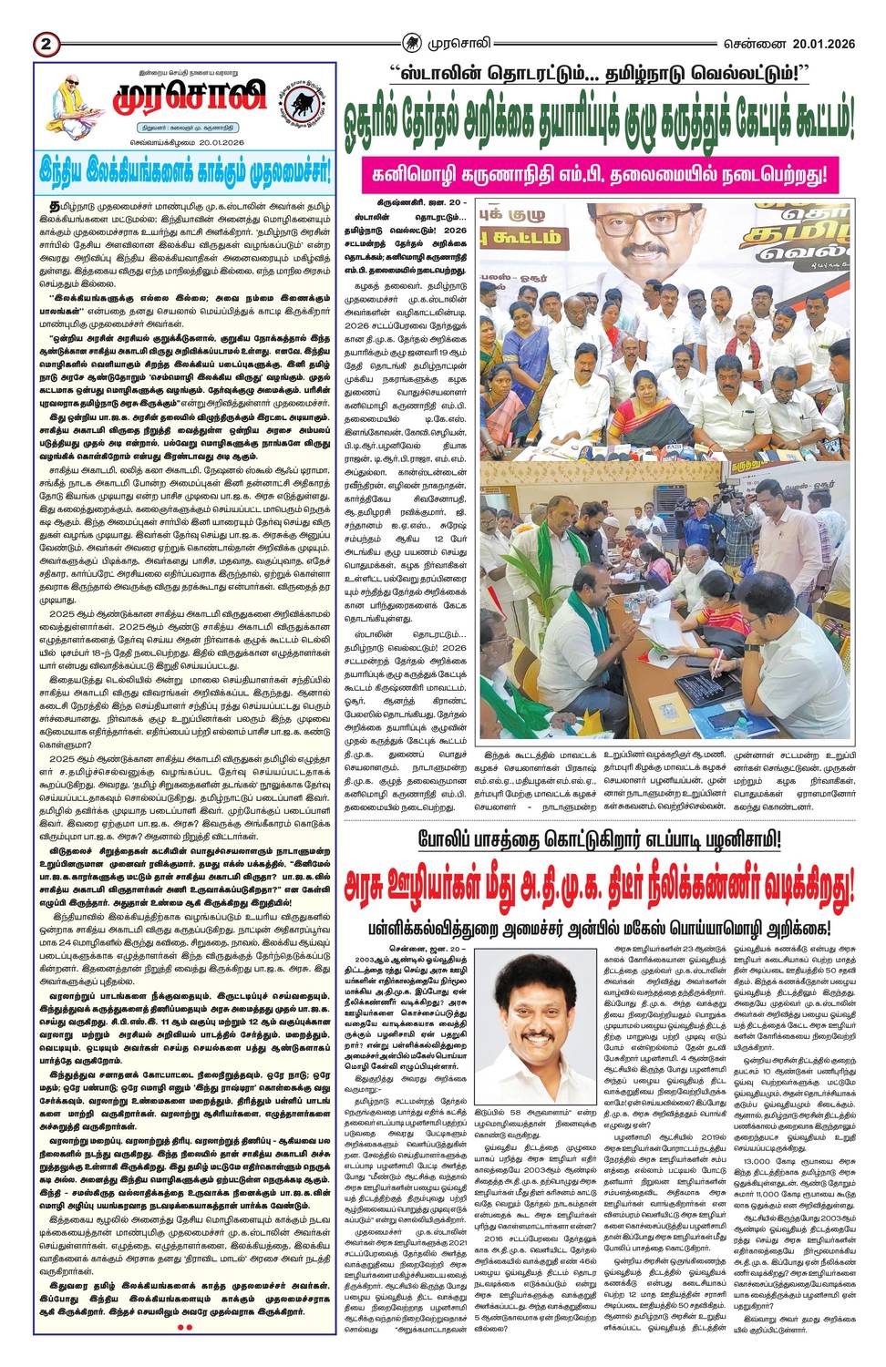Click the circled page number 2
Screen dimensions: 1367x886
(46, 42)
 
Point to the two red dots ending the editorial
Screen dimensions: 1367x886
(185, 1327)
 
